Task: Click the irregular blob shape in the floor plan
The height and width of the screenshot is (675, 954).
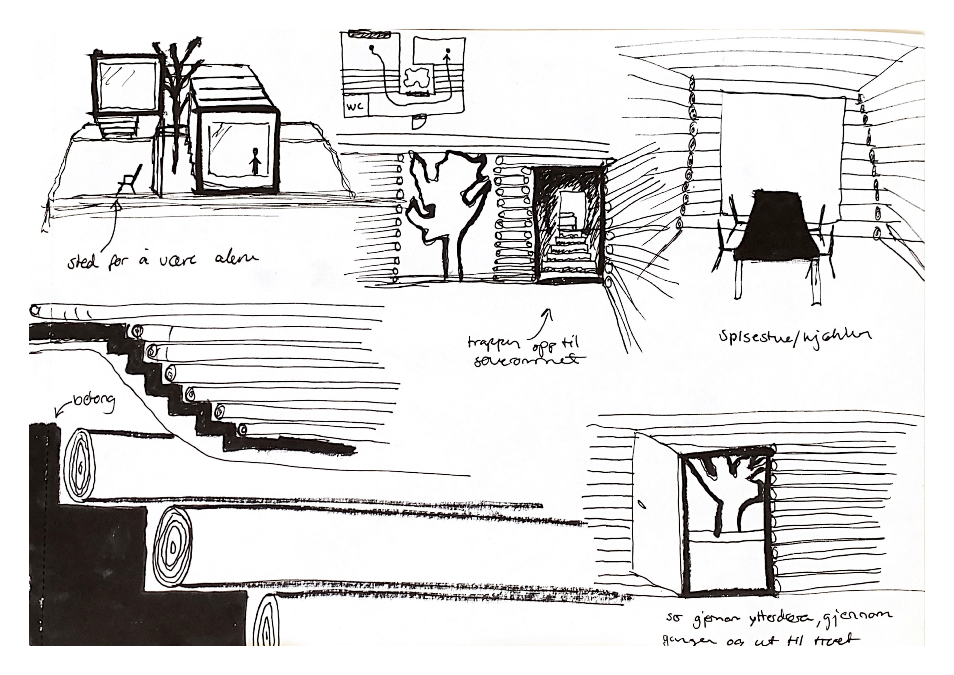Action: pyautogui.click(x=416, y=79)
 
